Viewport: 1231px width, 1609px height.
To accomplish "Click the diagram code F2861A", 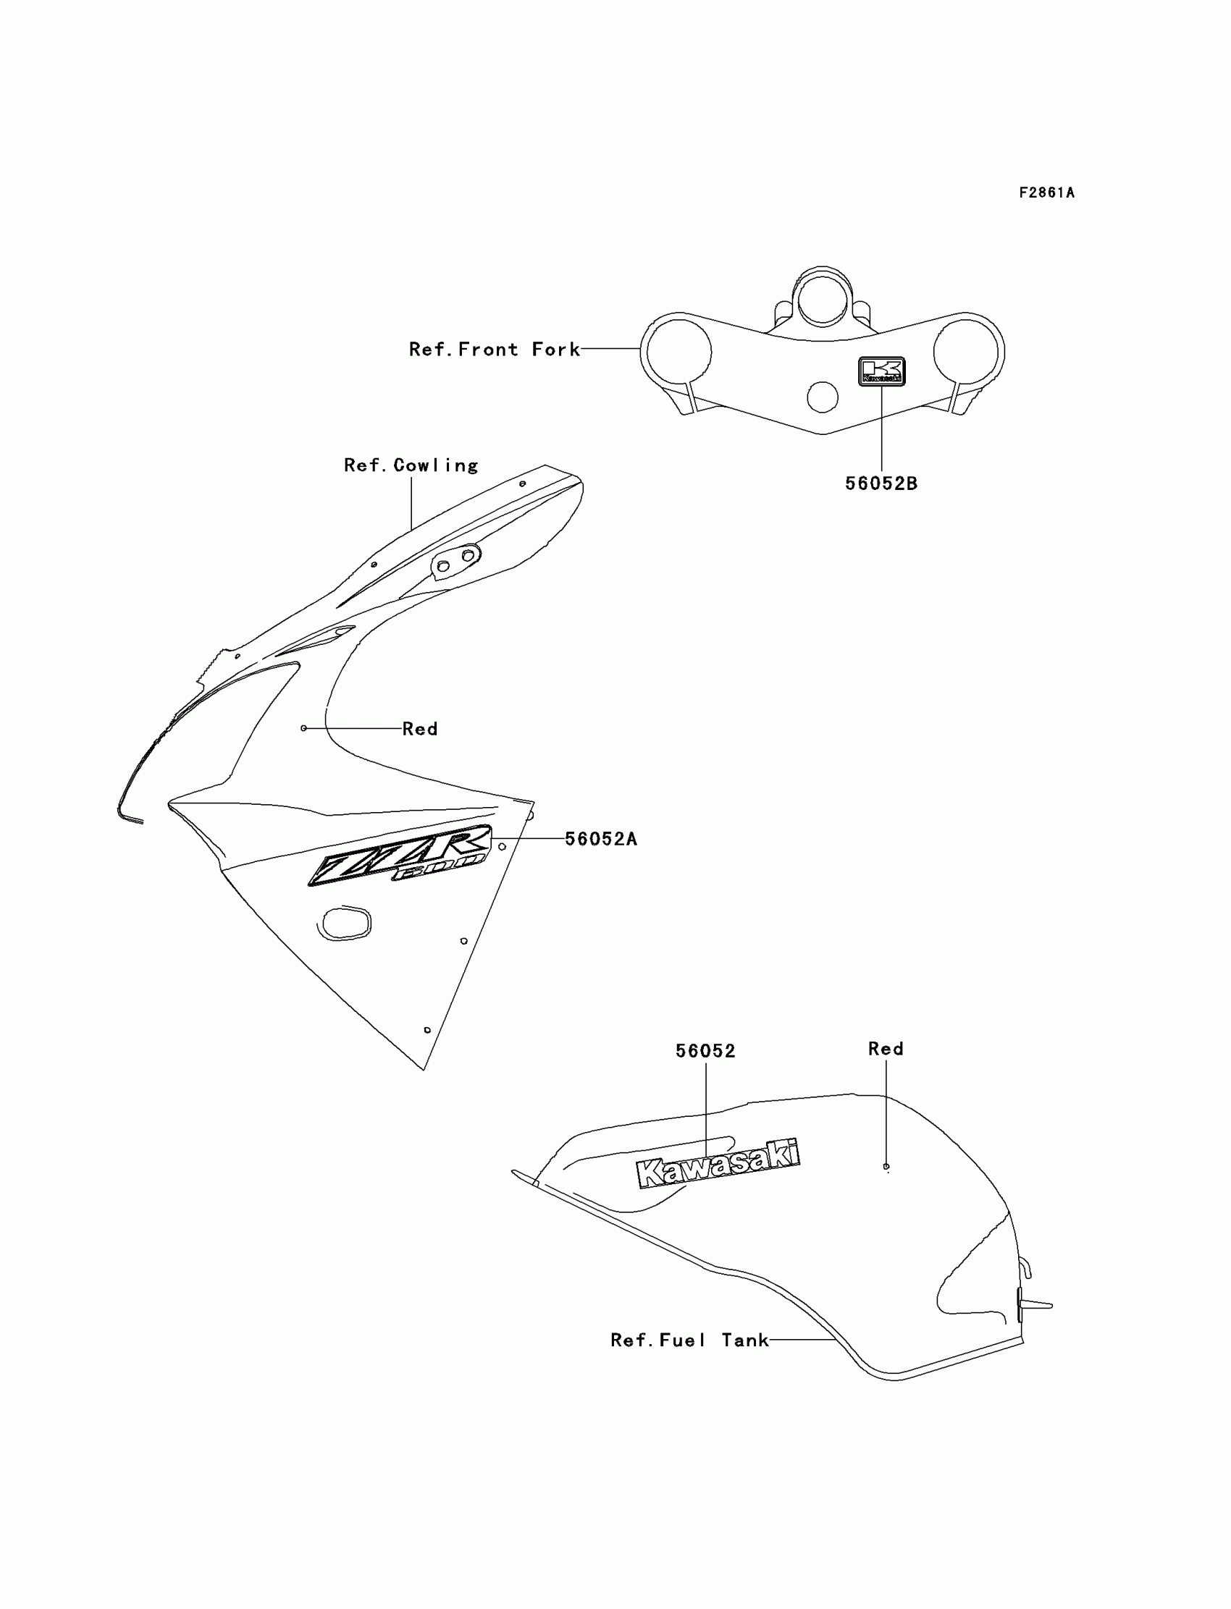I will click(x=1046, y=193).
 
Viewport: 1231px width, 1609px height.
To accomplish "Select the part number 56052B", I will click(x=881, y=483).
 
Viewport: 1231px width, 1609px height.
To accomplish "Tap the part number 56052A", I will click(x=601, y=840).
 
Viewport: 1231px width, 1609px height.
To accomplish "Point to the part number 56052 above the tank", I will click(x=705, y=1051).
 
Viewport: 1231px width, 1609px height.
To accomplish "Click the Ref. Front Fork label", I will click(x=494, y=350).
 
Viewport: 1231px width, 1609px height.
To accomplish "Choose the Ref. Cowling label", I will click(x=411, y=465).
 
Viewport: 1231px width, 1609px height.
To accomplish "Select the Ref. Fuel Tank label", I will click(x=689, y=1340).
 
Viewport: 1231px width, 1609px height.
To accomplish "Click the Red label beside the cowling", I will click(x=420, y=729).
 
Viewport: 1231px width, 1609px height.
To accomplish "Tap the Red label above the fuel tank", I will click(x=885, y=1049).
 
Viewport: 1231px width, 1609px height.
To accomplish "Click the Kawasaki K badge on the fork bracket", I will click(x=881, y=371).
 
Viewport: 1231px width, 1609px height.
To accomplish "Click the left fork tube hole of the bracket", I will click(x=678, y=352).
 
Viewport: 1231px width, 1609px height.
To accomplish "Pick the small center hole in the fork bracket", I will click(x=822, y=397).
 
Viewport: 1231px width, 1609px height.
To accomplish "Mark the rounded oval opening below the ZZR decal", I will click(x=345, y=923).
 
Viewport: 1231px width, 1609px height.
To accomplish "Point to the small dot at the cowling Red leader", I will click(x=303, y=728).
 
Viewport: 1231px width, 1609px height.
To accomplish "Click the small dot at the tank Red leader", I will click(x=886, y=1167).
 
